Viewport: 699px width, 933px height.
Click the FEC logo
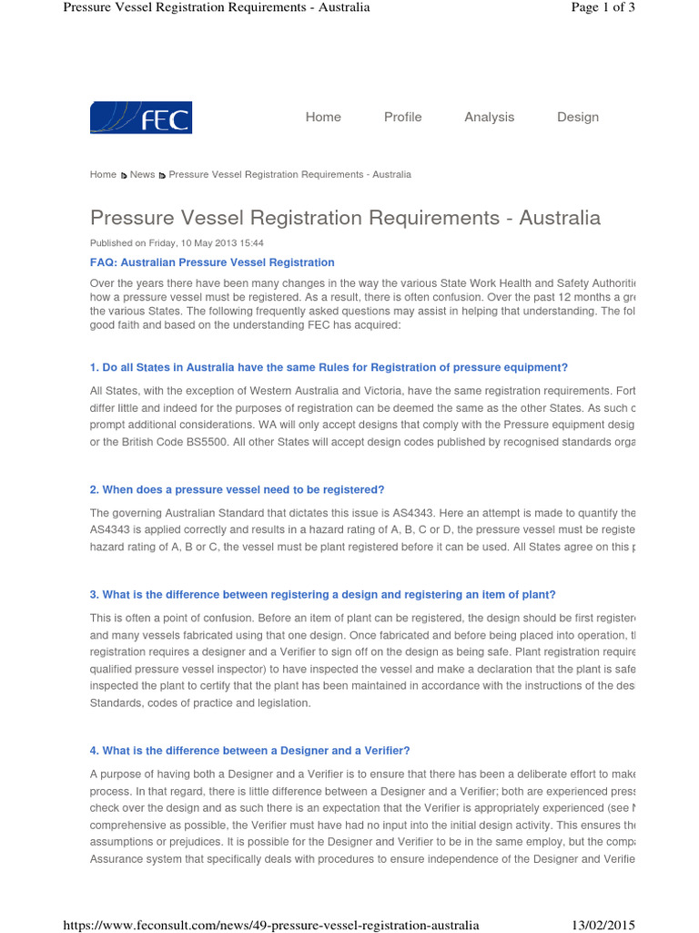coord(141,118)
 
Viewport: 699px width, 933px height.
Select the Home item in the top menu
coord(323,117)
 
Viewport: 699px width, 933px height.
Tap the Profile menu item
coord(402,117)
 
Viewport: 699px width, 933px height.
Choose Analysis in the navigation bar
coord(489,117)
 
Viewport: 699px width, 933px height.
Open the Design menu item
coord(578,117)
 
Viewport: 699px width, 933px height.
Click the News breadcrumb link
coord(142,174)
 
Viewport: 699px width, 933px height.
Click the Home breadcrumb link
coord(103,174)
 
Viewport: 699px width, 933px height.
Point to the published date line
coord(177,243)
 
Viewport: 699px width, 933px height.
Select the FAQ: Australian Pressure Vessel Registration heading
coord(212,262)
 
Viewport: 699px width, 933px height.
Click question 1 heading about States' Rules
coord(329,367)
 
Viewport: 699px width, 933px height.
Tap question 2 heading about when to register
coord(237,489)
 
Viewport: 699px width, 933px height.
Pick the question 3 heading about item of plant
coord(322,594)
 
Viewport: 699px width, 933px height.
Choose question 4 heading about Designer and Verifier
coord(249,751)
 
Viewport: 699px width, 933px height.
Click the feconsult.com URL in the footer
coord(270,925)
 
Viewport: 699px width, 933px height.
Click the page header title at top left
coord(216,8)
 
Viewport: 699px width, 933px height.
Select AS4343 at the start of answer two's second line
coord(111,528)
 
